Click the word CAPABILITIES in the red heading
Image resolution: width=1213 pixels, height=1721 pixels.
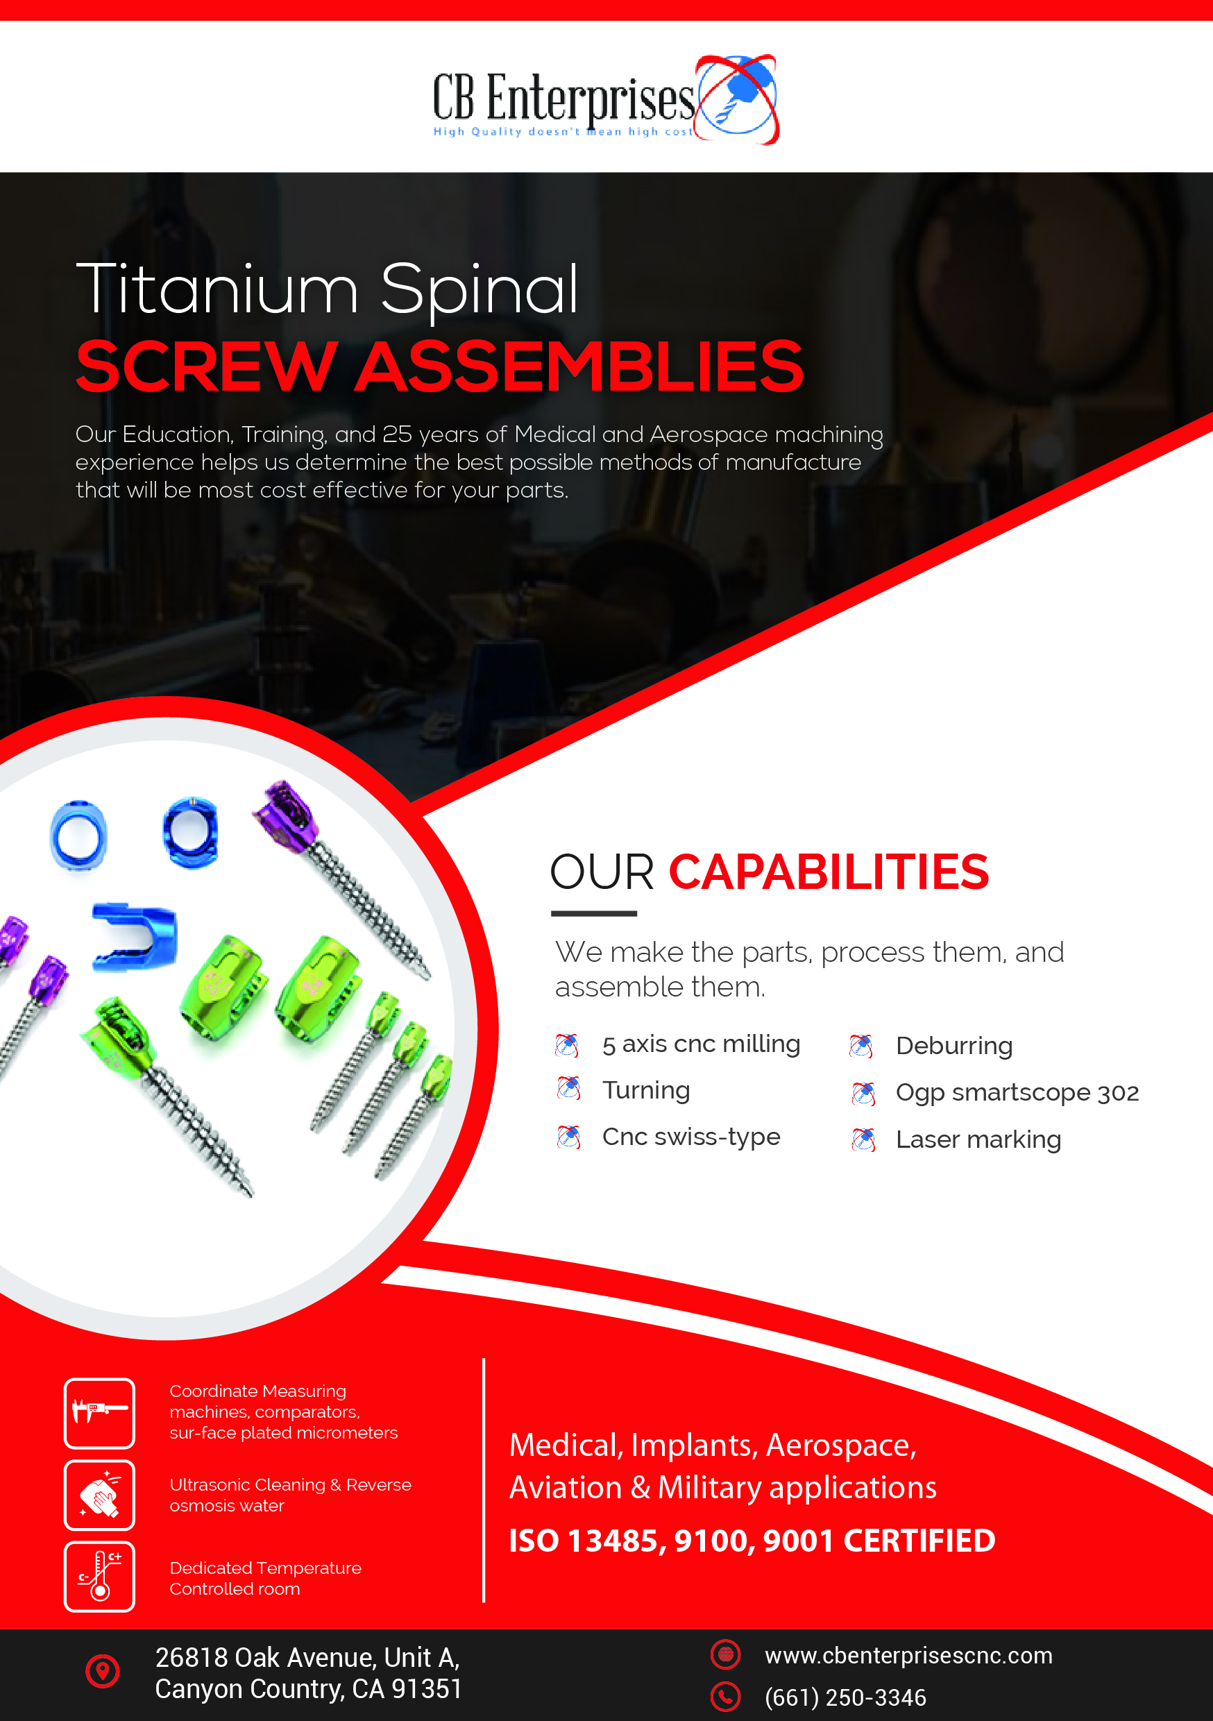pos(829,872)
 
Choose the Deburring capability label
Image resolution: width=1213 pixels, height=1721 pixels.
pos(953,1046)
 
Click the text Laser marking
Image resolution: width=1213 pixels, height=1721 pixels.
pos(978,1139)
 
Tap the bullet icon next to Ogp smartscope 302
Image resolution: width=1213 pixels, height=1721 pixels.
pos(863,1094)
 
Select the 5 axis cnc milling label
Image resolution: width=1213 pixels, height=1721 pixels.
pos(701,1044)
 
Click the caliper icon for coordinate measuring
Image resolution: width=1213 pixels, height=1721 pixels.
pos(100,1413)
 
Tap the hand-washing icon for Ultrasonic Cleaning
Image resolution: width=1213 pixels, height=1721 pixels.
pos(100,1495)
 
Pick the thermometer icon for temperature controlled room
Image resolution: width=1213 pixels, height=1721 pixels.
pos(100,1577)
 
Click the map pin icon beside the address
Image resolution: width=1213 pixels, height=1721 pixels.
pos(103,1671)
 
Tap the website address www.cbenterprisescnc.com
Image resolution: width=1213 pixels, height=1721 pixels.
pos(908,1655)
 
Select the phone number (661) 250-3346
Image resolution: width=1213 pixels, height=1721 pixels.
pos(845,1697)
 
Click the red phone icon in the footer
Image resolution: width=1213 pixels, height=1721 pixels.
pos(725,1697)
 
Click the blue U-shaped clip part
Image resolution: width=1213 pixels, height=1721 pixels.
pos(135,937)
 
